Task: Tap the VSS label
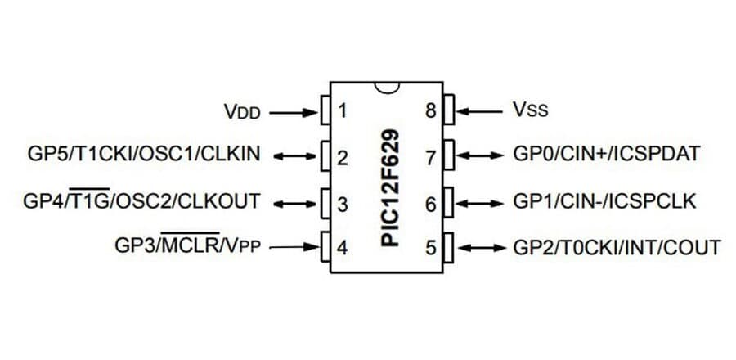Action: (531, 109)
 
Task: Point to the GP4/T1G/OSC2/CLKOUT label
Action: (143, 200)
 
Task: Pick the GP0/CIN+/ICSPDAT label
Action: (606, 155)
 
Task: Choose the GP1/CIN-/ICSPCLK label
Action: (604, 200)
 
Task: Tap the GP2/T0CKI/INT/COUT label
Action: (617, 246)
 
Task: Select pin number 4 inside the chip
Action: (343, 246)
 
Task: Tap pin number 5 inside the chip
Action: (431, 246)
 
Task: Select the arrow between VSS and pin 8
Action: (482, 110)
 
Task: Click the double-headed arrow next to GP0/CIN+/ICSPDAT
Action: (482, 155)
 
